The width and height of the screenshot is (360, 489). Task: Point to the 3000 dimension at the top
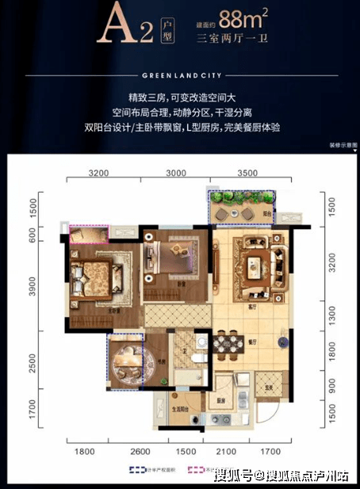point(176,171)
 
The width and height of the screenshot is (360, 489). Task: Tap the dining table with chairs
point(231,346)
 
